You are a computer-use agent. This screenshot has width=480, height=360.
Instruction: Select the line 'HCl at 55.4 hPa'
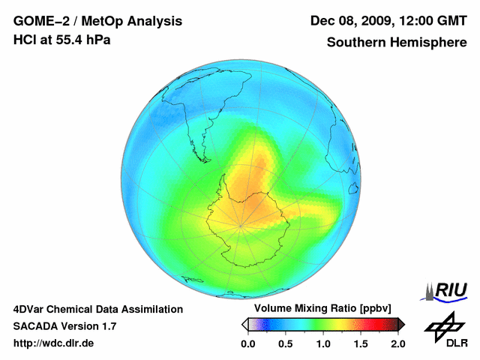pyautogui.click(x=62, y=40)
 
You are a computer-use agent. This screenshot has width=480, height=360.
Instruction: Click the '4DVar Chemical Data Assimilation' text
pyautogui.click(x=98, y=309)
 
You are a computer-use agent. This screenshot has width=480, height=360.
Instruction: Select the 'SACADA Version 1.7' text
pyautogui.click(x=65, y=326)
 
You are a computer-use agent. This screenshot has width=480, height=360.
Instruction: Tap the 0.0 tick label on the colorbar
pyautogui.click(x=247, y=343)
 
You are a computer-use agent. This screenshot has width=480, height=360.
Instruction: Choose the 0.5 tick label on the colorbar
pyautogui.click(x=285, y=343)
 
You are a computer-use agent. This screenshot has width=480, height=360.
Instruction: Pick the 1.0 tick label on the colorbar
pyautogui.click(x=322, y=343)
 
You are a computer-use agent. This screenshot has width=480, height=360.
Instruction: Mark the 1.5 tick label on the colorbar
pyautogui.click(x=360, y=343)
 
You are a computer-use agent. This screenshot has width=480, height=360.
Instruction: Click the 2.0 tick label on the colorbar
pyautogui.click(x=397, y=343)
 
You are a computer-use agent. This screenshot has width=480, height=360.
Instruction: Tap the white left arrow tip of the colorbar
pyautogui.click(x=244, y=324)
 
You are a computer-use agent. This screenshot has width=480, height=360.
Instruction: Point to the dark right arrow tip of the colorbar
pyautogui.click(x=401, y=324)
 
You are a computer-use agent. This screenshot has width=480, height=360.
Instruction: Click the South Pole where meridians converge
pyautogui.click(x=241, y=224)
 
